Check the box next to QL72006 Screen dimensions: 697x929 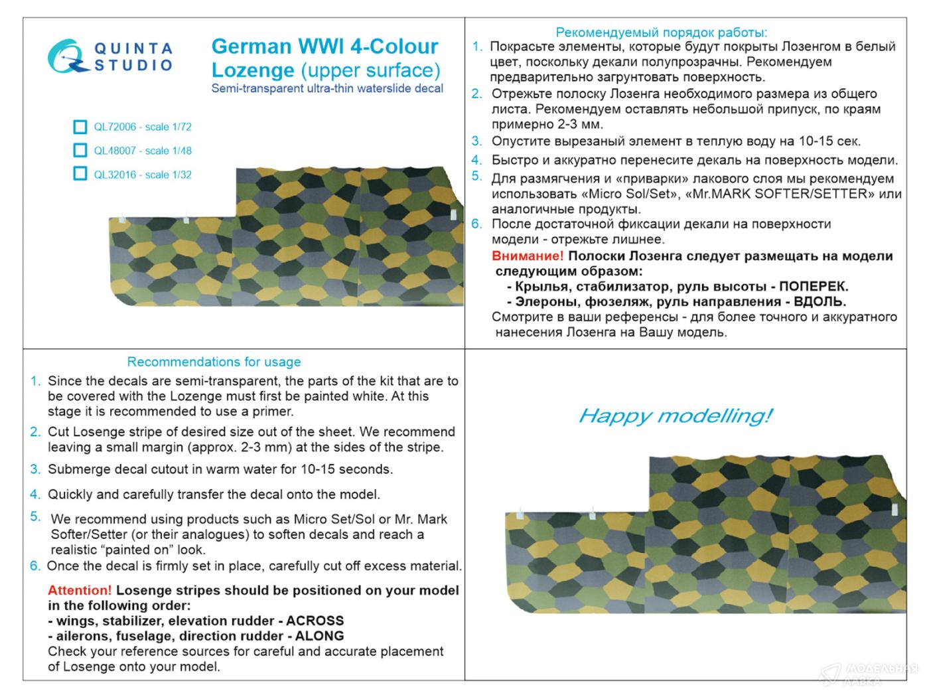pyautogui.click(x=80, y=127)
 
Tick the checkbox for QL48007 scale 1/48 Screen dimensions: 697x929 pyautogui.click(x=80, y=151)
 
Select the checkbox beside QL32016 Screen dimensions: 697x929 pyautogui.click(x=80, y=174)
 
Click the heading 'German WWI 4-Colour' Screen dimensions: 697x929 pyautogui.click(x=324, y=46)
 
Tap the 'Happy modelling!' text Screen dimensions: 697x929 pyautogui.click(x=676, y=416)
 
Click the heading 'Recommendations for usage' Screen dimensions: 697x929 pyautogui.click(x=214, y=362)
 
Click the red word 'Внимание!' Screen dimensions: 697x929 pyautogui.click(x=528, y=256)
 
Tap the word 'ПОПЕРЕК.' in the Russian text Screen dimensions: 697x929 pyautogui.click(x=814, y=287)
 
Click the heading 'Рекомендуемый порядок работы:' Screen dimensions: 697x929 pyautogui.click(x=661, y=32)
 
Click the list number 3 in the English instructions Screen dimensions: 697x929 pyautogui.click(x=35, y=469)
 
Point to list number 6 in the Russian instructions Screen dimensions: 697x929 pyautogui.click(x=476, y=224)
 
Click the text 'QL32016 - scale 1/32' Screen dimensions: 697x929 pyautogui.click(x=143, y=175)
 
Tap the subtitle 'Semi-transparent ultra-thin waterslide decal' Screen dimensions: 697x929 pyautogui.click(x=327, y=88)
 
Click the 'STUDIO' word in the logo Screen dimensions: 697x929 pyautogui.click(x=133, y=64)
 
